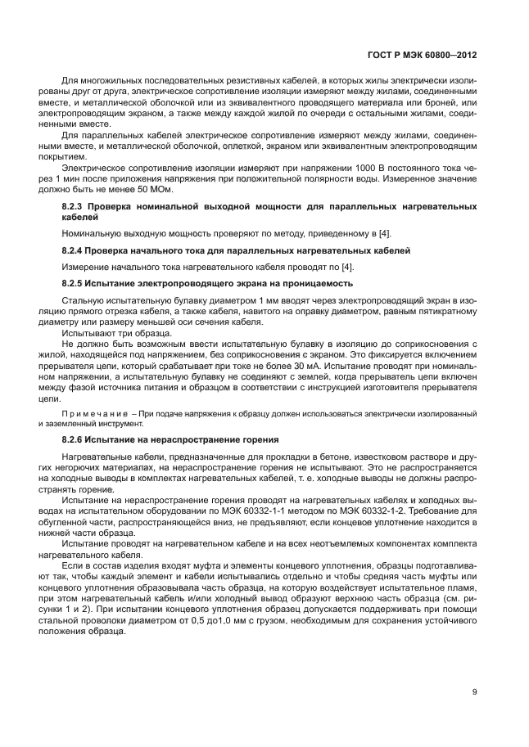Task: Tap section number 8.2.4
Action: coord(75,249)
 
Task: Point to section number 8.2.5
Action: coord(75,283)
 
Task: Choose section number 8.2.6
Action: coord(75,439)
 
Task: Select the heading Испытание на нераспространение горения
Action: coord(188,439)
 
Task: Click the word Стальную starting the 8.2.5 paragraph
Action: coord(84,300)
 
